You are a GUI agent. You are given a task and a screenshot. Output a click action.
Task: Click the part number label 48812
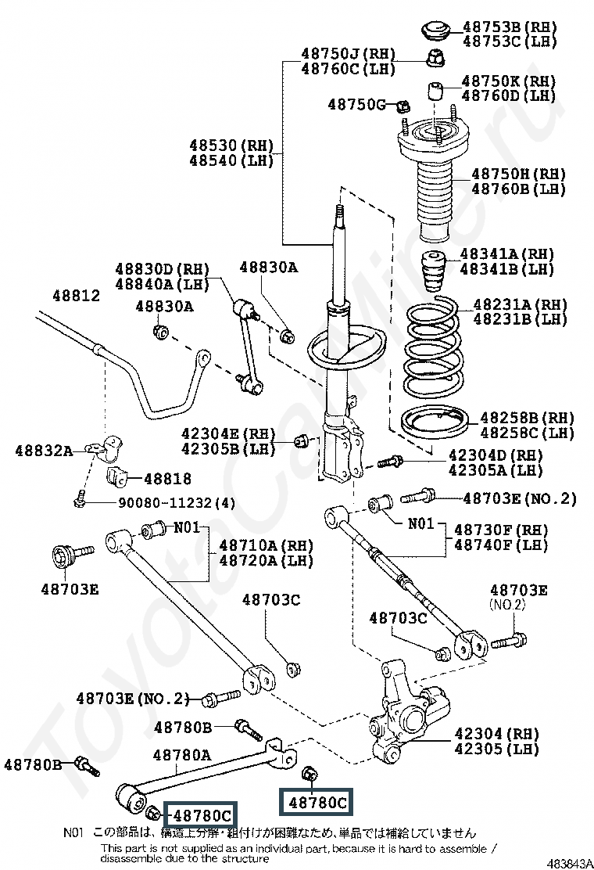[x=77, y=296]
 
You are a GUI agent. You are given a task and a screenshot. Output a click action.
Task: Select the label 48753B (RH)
[x=510, y=26]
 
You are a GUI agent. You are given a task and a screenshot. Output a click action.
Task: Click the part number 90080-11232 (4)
[x=176, y=503]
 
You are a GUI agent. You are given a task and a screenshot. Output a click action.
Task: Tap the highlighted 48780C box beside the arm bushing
[x=202, y=815]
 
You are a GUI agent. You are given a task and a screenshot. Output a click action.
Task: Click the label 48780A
[x=182, y=754]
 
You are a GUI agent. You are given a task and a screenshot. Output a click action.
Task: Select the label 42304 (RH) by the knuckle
[x=497, y=734]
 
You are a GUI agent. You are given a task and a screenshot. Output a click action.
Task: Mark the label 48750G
[x=357, y=104]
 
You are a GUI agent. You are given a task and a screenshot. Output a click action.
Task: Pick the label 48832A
[x=45, y=450]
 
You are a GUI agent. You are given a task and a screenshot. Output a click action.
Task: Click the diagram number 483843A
[x=570, y=863]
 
